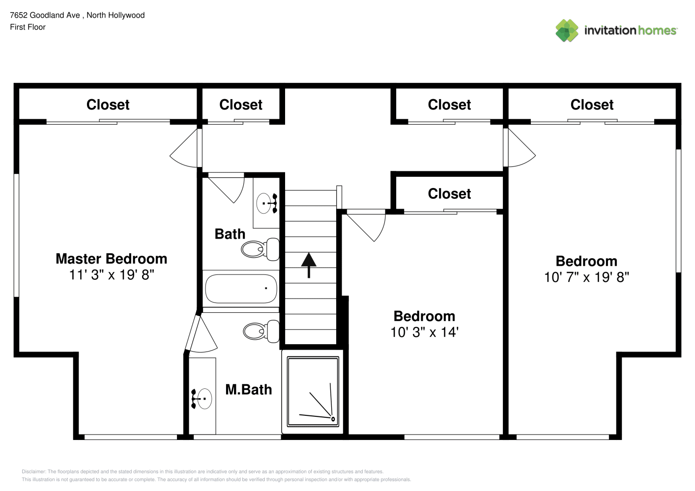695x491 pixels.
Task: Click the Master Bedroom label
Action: point(112,259)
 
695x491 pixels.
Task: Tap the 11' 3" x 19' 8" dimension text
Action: point(112,274)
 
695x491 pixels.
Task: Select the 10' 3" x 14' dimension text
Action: point(424,332)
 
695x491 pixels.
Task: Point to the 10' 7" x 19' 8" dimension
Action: point(586,277)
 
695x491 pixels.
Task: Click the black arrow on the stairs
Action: point(309,265)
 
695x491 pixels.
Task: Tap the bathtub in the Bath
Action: point(241,289)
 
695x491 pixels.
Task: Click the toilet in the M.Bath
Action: point(261,331)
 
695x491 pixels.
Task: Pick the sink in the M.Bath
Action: point(202,399)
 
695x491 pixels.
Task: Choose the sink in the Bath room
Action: point(267,203)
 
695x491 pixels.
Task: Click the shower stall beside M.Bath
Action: point(313,392)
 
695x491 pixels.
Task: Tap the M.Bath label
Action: point(249,390)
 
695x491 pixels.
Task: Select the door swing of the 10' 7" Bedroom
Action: point(520,148)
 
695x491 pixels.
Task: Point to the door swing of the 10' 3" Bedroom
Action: point(366,225)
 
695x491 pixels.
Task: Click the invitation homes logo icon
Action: point(567,30)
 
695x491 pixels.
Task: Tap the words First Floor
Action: point(28,27)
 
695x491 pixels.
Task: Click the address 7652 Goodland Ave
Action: point(45,15)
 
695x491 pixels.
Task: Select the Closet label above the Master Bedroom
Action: point(108,105)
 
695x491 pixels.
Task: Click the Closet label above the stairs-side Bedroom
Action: point(449,194)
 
